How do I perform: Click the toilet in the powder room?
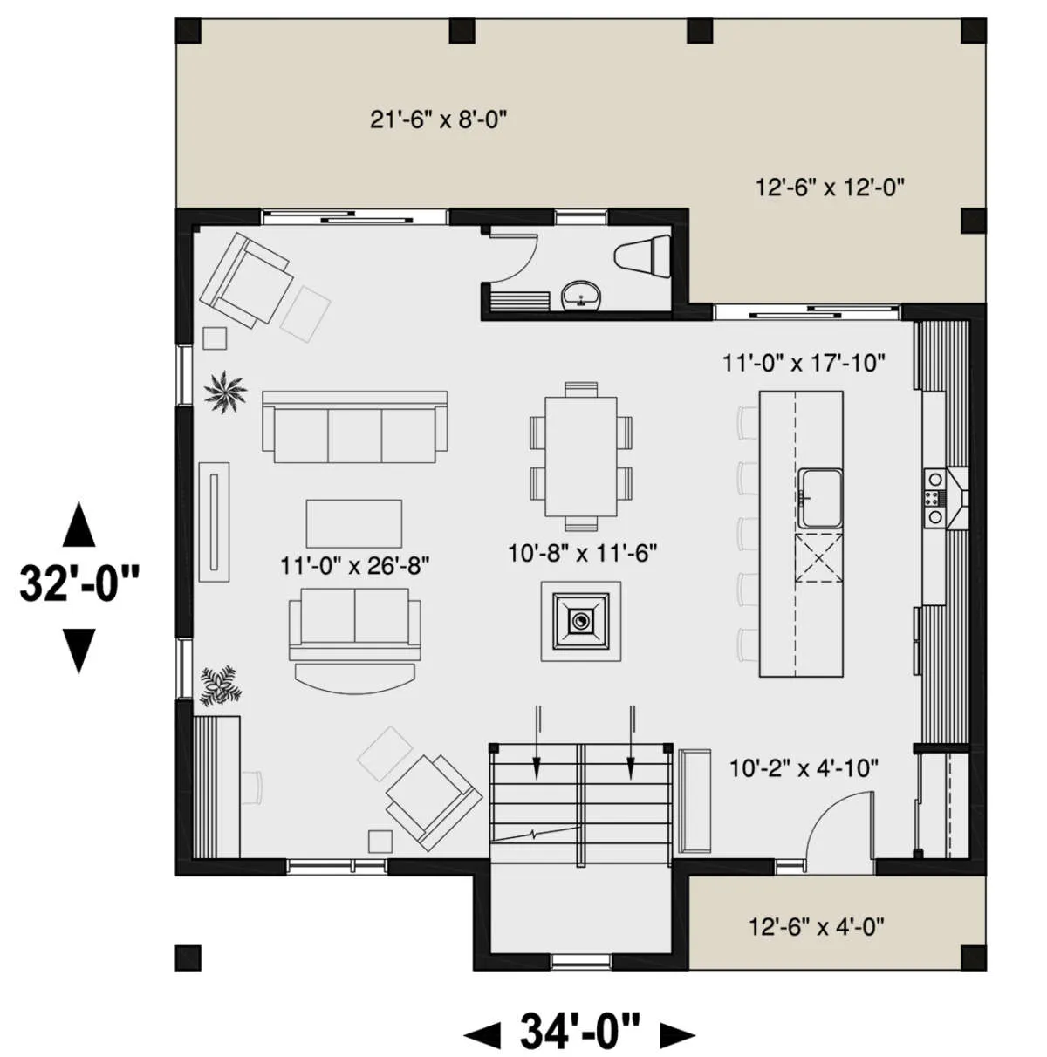click(x=642, y=256)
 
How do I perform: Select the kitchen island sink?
click(x=820, y=497)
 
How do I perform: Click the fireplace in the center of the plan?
click(x=581, y=621)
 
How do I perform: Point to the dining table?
click(x=581, y=456)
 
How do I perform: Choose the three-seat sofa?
click(x=355, y=426)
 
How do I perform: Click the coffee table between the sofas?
click(x=354, y=523)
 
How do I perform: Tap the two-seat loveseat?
click(x=355, y=624)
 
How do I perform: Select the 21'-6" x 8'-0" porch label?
click(x=438, y=119)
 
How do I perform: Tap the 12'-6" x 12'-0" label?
click(x=830, y=188)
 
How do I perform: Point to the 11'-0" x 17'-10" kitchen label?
click(x=804, y=363)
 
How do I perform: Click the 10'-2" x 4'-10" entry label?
click(x=804, y=768)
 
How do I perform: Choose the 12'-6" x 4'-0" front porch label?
click(x=817, y=928)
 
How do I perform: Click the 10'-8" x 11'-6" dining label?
click(x=583, y=554)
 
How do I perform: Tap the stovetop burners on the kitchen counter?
click(x=934, y=497)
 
